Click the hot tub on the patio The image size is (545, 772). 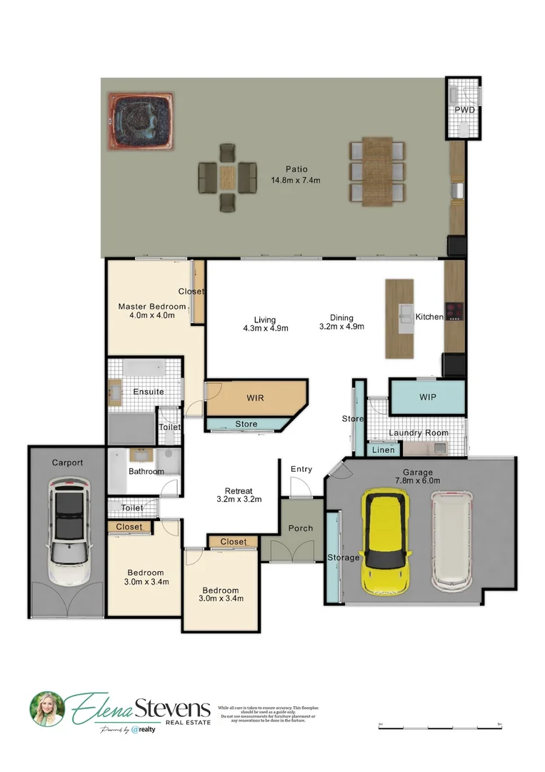click(141, 122)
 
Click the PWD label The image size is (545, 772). click(465, 110)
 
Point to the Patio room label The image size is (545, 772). click(296, 169)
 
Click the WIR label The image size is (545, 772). click(256, 397)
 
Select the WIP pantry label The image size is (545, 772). click(428, 397)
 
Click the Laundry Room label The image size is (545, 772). click(419, 432)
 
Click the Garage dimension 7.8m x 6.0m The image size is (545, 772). click(418, 482)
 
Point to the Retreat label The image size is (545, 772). click(239, 491)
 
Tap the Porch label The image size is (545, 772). click(300, 528)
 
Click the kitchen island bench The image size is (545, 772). click(399, 318)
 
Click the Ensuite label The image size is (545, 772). click(148, 391)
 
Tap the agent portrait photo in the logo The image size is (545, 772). click(47, 709)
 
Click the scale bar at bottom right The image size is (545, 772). click(441, 726)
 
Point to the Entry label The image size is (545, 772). click(301, 469)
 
